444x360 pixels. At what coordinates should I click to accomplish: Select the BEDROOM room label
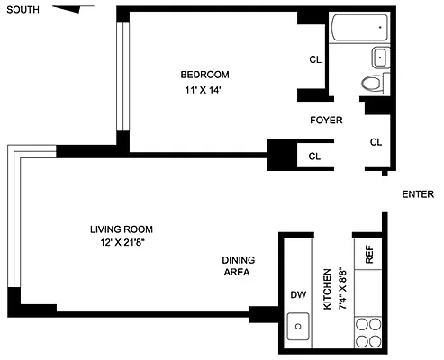pos(204,74)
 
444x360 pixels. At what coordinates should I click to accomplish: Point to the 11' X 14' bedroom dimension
pos(204,91)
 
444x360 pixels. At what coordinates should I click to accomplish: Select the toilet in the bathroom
pos(372,85)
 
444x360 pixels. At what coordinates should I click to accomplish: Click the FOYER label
pos(325,120)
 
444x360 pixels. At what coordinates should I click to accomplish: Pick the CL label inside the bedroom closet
pos(315,60)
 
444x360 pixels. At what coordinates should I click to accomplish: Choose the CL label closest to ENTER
pos(376,141)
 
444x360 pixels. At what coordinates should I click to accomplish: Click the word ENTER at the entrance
pos(418,194)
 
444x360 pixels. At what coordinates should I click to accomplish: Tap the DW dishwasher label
pos(297,294)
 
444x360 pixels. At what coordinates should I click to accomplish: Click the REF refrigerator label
pos(368,255)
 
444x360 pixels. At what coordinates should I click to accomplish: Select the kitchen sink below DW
pos(297,326)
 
